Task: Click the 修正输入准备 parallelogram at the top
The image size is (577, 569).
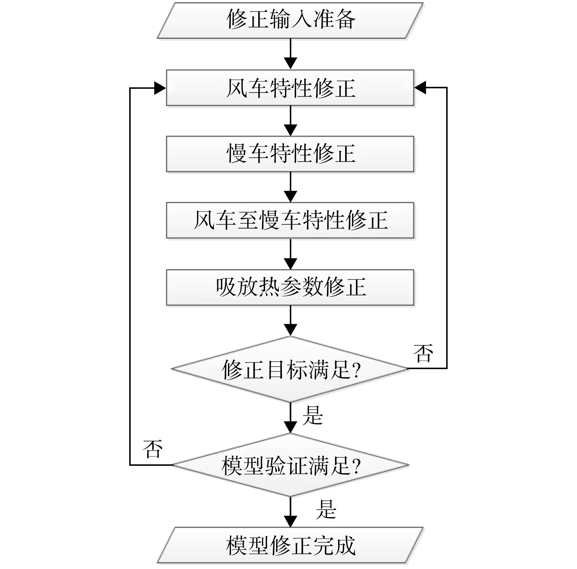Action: pos(290,21)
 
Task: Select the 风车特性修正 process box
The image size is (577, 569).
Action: pos(290,88)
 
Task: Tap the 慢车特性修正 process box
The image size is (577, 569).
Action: pos(290,154)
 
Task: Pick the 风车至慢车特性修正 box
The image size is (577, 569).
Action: pos(290,220)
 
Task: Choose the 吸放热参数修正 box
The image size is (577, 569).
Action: pos(290,287)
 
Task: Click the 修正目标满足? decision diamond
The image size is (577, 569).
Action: pos(290,369)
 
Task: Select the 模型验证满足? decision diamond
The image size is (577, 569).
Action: pos(290,465)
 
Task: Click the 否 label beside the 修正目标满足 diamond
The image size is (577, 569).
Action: pos(423,354)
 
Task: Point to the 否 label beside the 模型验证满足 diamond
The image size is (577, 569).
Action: pos(152,449)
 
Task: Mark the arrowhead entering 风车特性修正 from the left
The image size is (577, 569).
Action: pos(160,88)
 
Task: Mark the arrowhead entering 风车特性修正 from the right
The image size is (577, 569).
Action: pos(420,88)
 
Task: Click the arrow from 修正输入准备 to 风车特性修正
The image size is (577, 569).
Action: pos(290,54)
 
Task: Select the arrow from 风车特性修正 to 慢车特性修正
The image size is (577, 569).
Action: pos(290,121)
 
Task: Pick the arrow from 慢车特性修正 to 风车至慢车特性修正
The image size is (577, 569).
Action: pos(290,187)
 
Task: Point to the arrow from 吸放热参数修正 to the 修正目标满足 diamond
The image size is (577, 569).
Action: pos(290,321)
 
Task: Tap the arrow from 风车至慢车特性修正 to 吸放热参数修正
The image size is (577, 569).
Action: pos(290,254)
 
